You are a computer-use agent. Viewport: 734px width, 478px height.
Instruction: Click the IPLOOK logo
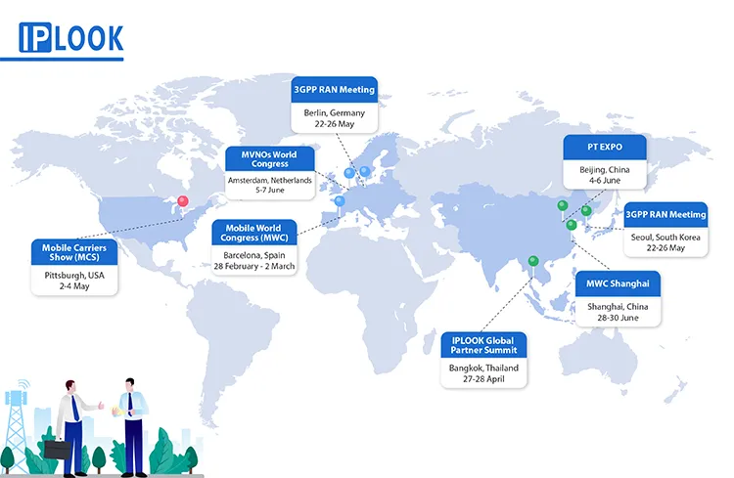click(71, 37)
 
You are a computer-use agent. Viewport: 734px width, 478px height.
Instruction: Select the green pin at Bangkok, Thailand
click(532, 261)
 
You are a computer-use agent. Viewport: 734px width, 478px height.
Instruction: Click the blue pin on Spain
click(340, 202)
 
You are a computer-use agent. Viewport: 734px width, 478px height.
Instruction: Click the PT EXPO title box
click(604, 147)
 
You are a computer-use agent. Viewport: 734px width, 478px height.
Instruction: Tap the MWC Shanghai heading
click(618, 284)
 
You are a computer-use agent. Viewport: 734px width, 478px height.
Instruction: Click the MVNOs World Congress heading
click(269, 158)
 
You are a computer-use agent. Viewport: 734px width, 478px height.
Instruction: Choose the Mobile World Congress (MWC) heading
click(253, 234)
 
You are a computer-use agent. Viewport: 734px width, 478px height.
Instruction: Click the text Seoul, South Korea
click(665, 236)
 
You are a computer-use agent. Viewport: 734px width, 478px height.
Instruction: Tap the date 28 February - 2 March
click(254, 265)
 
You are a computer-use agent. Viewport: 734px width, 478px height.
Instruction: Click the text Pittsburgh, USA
click(73, 276)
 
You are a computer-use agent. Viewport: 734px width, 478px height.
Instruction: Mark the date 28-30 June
click(618, 318)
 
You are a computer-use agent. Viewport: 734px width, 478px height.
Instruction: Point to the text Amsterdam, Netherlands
click(269, 181)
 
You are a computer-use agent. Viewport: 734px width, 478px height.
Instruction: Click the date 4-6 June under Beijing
click(604, 180)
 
